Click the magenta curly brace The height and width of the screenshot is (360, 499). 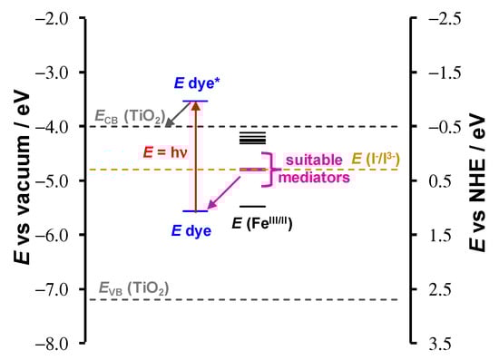point(269,169)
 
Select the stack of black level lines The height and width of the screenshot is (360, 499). point(252,138)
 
